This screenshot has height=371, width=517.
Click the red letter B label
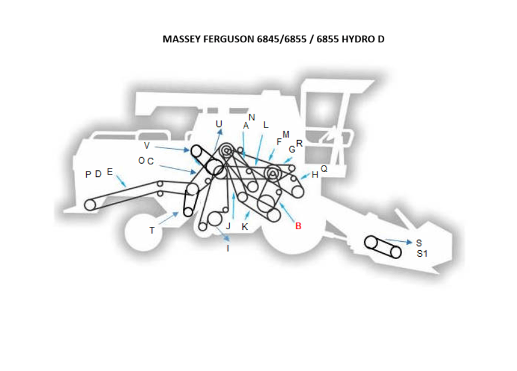(x=298, y=226)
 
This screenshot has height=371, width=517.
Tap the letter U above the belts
(x=219, y=123)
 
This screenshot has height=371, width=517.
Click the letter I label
(x=228, y=248)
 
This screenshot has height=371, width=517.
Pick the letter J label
(x=228, y=226)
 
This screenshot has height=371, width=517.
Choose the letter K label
(x=244, y=227)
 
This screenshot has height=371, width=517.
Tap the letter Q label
(x=324, y=169)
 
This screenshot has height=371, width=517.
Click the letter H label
(x=315, y=174)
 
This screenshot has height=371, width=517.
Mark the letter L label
(x=266, y=125)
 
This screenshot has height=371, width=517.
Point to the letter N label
(x=252, y=117)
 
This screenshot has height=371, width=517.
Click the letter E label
(x=110, y=172)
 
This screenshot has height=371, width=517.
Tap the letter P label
(x=88, y=174)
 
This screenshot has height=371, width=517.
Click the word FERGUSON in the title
(x=229, y=39)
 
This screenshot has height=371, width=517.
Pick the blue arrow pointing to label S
(x=399, y=241)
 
